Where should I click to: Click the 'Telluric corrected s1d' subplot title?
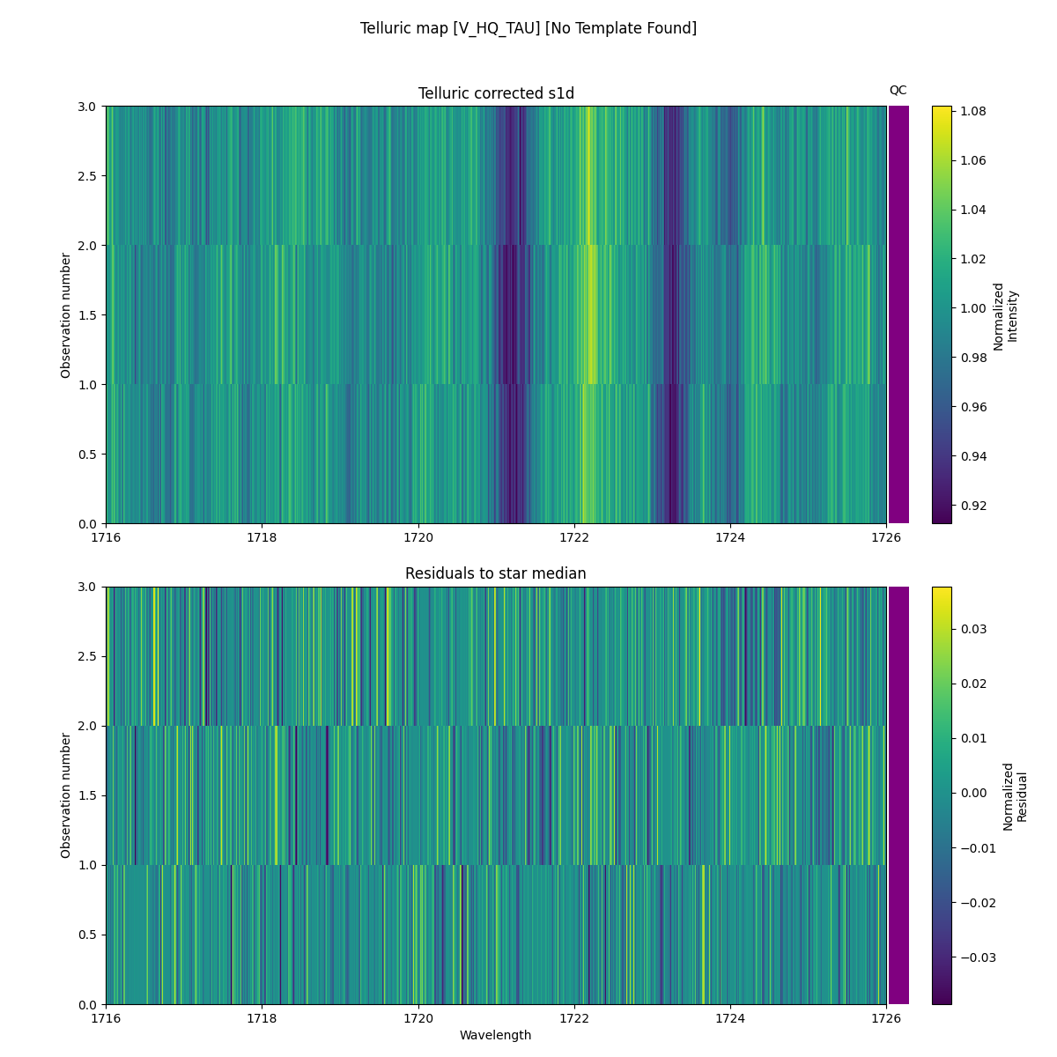[x=496, y=93]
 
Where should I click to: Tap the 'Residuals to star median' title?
[x=496, y=573]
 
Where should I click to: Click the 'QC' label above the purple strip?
[x=898, y=90]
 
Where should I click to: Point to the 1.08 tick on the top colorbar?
[x=972, y=111]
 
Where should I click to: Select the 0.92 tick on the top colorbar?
[x=972, y=506]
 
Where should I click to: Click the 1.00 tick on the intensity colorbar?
[x=972, y=308]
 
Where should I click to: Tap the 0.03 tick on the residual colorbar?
[x=972, y=629]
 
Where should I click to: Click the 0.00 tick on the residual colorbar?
[x=972, y=793]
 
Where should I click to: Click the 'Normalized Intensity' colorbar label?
[x=1005, y=315]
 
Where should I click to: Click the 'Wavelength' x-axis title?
[x=496, y=1035]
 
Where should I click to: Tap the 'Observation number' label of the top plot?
[x=66, y=315]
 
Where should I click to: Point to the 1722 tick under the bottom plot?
[x=574, y=1018]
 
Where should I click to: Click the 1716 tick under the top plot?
[x=106, y=537]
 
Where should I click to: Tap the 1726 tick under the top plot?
[x=886, y=537]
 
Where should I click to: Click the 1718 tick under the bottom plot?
[x=262, y=1018]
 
